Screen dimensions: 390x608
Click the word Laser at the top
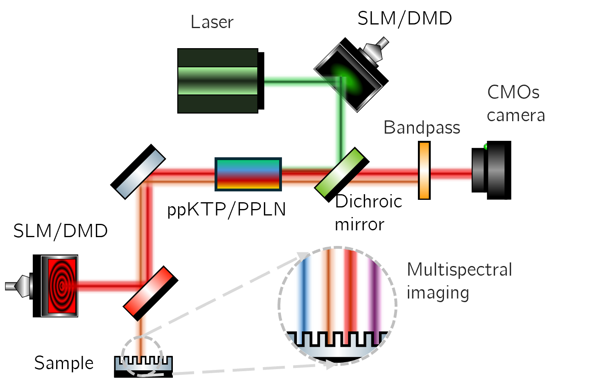212,22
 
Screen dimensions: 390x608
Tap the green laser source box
217,81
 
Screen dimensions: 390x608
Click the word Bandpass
422,128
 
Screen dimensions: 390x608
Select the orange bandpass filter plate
424,171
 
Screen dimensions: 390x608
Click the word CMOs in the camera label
513,92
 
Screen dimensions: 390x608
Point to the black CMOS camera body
488,171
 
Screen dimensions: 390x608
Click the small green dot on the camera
486,147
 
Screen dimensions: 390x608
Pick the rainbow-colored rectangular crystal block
248,174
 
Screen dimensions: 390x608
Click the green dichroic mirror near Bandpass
339,173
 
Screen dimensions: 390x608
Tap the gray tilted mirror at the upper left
140,174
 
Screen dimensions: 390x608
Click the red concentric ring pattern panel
61,286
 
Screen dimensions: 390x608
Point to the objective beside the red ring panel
20,286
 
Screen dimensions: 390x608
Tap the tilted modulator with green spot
348,77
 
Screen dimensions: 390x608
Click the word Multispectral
460,270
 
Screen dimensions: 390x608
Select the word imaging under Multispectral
438,293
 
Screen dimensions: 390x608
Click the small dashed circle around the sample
142,356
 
